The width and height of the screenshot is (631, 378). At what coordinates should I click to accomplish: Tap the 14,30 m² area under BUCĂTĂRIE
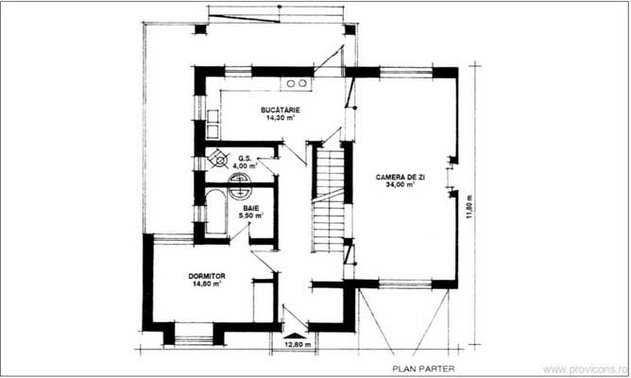coord(281,120)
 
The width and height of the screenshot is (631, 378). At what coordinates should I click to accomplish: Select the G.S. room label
coord(244,158)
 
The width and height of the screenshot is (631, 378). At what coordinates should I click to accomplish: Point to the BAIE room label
coord(250,206)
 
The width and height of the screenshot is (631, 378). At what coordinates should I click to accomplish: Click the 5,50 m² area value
coord(250,215)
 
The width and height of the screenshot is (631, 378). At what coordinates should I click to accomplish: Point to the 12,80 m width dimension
coord(299,346)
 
